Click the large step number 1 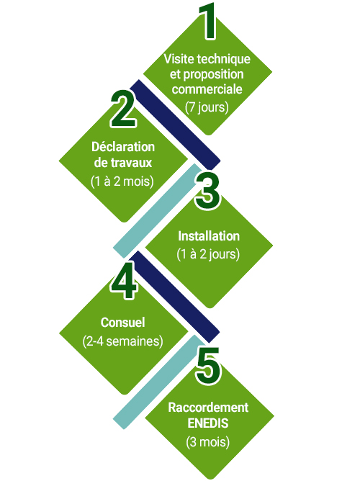209,21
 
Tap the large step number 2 123,109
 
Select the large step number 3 207,191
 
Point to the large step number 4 124,280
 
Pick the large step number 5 208,366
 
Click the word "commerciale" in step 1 207,89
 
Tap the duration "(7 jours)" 207,107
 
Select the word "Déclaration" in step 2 123,147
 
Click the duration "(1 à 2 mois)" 122,181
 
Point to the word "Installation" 209,236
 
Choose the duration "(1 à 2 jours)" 208,254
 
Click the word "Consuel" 122,323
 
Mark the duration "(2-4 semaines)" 122,341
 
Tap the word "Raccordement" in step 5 208,408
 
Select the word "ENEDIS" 208,423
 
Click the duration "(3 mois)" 208,442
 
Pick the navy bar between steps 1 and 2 175,125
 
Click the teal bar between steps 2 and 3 157,211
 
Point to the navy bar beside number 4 174,297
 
